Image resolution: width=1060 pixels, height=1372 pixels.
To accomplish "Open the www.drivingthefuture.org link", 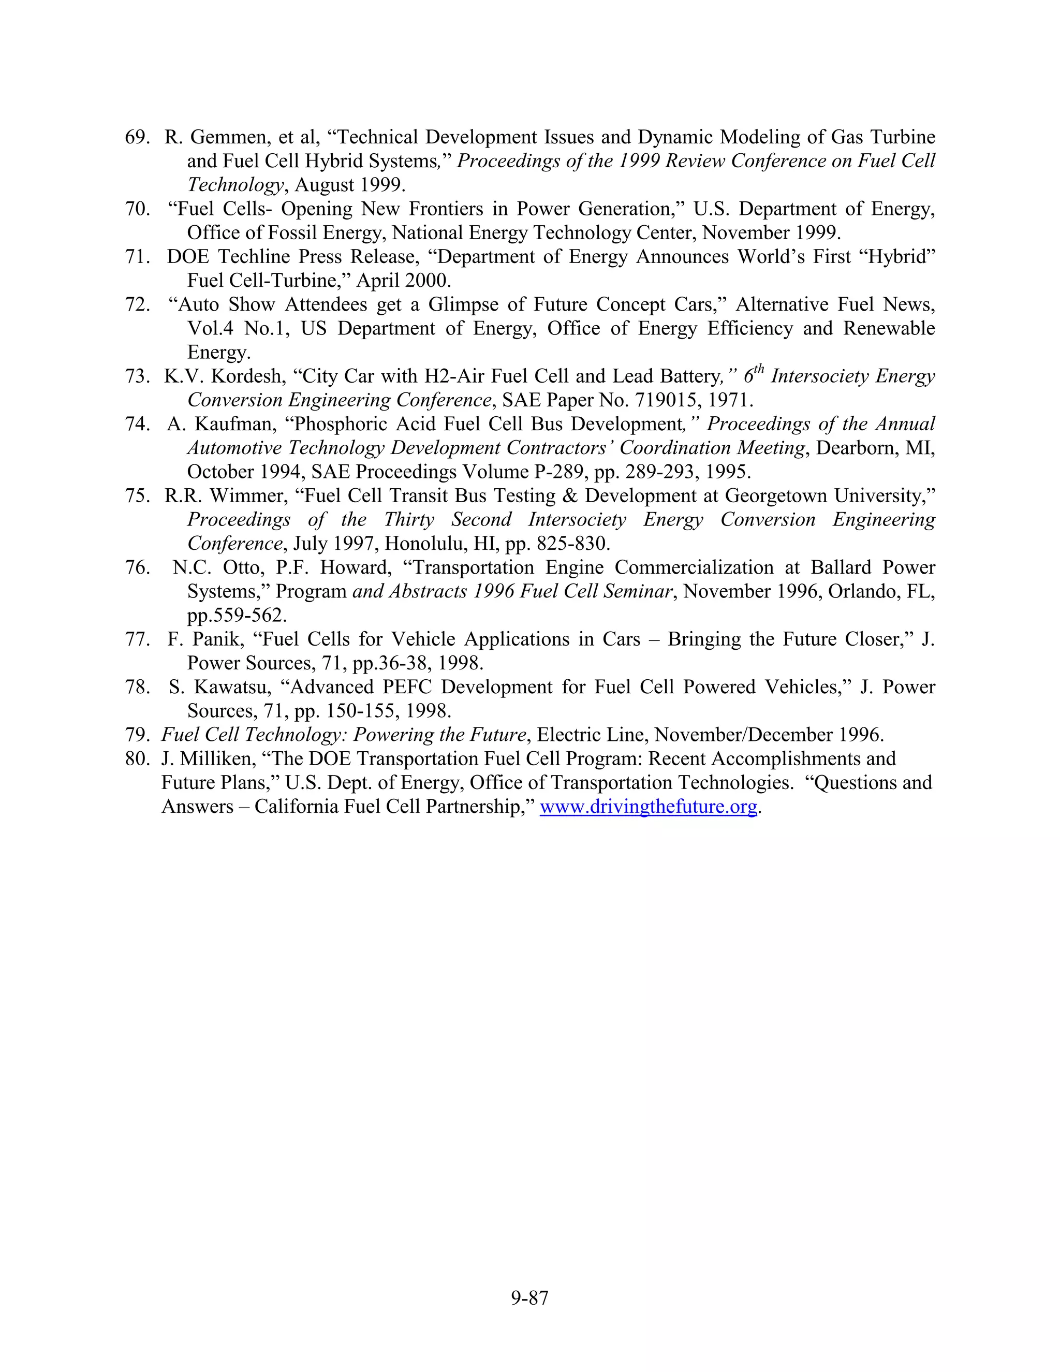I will (648, 807).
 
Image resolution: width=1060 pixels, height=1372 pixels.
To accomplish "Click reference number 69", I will (137, 138).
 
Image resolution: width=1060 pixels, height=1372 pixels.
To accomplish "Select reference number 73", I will (137, 376).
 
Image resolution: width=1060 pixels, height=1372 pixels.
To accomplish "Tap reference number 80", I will (137, 759).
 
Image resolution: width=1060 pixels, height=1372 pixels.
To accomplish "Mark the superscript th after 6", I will (759, 369).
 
